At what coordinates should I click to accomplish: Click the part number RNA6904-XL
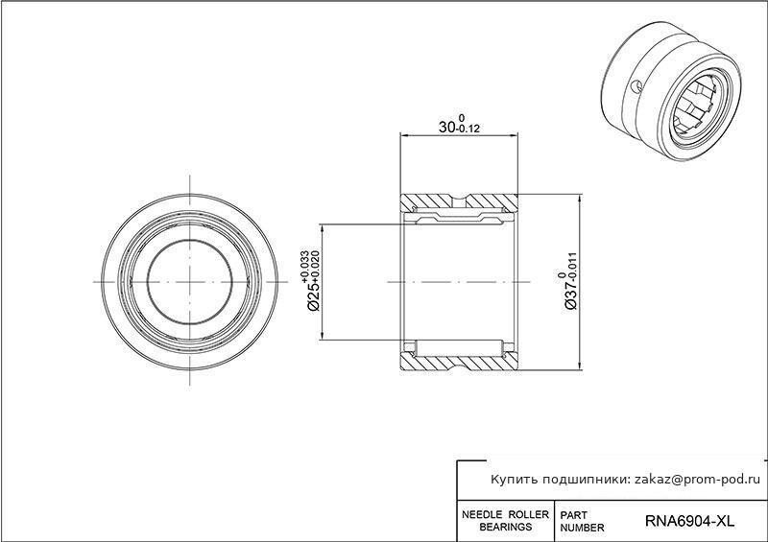pyautogui.click(x=689, y=521)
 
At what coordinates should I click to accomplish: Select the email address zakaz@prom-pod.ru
pyautogui.click(x=698, y=480)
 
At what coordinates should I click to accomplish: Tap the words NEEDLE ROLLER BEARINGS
pyautogui.click(x=506, y=521)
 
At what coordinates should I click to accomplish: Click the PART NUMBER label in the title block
pyautogui.click(x=582, y=522)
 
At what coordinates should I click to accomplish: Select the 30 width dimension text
pyautogui.click(x=446, y=128)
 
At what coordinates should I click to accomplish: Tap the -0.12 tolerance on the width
pyautogui.click(x=468, y=130)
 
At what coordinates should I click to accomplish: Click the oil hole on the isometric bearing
pyautogui.click(x=636, y=86)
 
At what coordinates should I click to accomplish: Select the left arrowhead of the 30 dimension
pyautogui.click(x=404, y=133)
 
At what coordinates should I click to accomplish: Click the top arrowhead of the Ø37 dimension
pyautogui.click(x=581, y=198)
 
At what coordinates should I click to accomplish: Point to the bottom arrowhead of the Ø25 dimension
pyautogui.click(x=322, y=336)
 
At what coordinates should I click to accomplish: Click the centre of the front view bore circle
pyautogui.click(x=189, y=282)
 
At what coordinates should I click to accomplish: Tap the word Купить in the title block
pyautogui.click(x=513, y=480)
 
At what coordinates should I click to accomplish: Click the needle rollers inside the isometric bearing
pyautogui.click(x=695, y=107)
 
